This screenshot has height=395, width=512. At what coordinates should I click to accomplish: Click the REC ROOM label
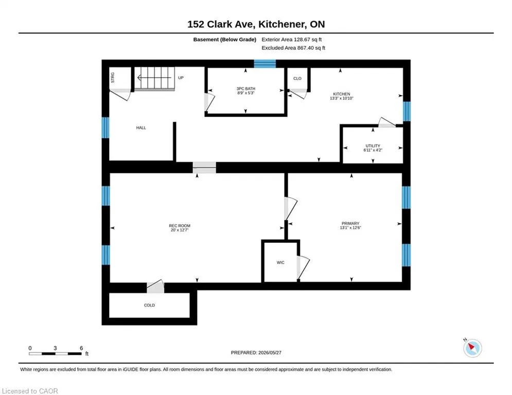179,226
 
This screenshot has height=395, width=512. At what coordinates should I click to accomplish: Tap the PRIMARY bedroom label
350,224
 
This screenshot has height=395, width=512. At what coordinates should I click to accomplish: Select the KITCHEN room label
342,94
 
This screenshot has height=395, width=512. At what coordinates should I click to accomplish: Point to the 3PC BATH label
246,89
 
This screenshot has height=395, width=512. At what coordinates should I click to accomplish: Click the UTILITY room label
373,146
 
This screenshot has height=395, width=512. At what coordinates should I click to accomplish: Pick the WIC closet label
280,262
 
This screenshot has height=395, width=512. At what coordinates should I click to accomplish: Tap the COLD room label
149,305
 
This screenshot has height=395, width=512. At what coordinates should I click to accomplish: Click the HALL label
141,128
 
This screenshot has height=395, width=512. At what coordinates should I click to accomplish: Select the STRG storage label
113,77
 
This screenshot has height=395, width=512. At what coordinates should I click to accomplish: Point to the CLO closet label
297,79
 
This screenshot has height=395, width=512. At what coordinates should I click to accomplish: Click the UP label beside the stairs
181,78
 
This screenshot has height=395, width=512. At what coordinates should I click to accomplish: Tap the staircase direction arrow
154,78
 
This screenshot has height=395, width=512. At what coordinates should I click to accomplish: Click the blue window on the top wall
265,64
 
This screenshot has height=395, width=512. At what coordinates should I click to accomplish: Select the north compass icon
472,348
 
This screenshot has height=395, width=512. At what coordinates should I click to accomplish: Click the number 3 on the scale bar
55,348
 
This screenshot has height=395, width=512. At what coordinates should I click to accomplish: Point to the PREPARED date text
256,352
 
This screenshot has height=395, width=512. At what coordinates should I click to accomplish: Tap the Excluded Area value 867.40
306,48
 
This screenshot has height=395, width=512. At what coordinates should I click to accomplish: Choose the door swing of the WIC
303,267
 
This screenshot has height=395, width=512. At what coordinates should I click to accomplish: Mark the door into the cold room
155,286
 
